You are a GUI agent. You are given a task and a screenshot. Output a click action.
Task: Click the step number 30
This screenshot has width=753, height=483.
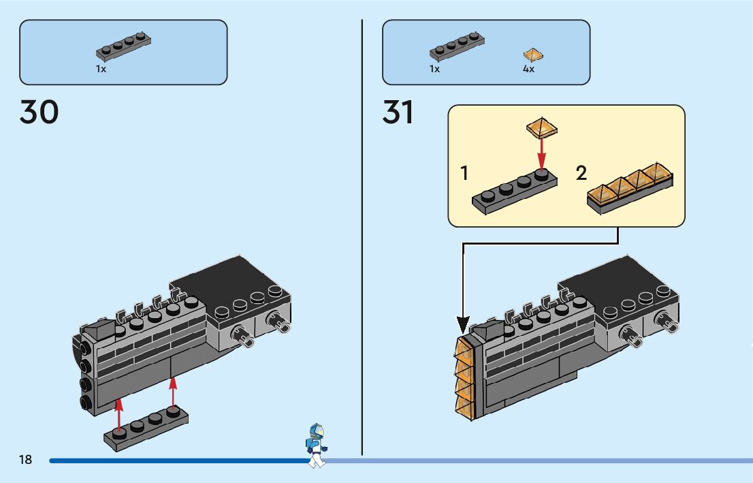click(39, 112)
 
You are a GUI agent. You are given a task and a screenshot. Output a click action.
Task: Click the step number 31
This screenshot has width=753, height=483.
click(398, 112)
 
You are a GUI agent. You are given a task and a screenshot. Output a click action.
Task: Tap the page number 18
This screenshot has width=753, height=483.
click(25, 460)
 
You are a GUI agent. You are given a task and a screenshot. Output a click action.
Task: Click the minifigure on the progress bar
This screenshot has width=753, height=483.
click(316, 446)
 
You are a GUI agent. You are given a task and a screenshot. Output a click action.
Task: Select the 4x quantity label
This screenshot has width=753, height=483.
click(528, 69)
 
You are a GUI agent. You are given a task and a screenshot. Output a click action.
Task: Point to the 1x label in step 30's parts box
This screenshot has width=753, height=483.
click(101, 69)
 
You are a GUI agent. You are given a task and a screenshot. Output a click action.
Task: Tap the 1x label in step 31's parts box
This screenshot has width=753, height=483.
click(434, 69)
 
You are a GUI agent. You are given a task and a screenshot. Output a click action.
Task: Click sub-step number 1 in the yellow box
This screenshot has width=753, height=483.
click(464, 173)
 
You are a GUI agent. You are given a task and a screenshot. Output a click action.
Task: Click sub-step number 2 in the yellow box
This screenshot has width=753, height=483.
click(581, 173)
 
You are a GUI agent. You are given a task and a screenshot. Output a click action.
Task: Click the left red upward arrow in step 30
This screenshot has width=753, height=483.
click(120, 416)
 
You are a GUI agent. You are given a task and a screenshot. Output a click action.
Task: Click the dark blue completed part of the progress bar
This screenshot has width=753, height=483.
click(177, 461)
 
